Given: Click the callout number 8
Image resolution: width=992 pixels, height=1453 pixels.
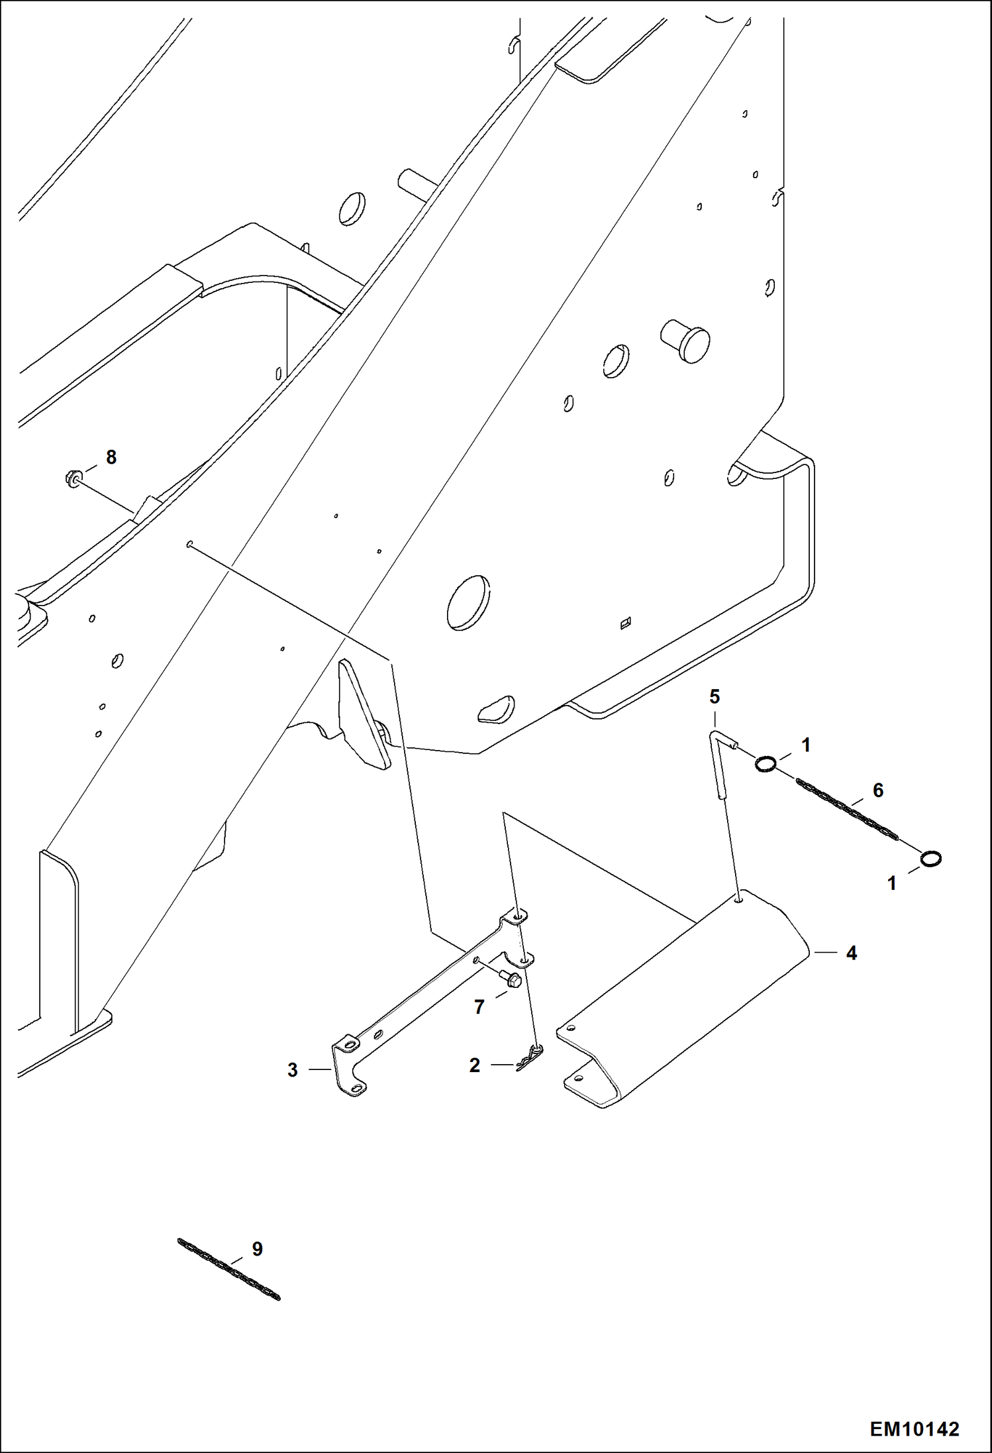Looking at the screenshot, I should pyautogui.click(x=111, y=457).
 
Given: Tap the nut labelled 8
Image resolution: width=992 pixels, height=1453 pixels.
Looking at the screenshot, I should pyautogui.click(x=74, y=477).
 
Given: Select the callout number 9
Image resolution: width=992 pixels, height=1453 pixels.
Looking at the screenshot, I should pyautogui.click(x=257, y=1249).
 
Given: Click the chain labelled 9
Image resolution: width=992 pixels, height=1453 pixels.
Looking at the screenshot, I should pyautogui.click(x=228, y=1269).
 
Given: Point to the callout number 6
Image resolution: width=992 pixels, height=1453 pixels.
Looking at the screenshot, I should pyautogui.click(x=878, y=790).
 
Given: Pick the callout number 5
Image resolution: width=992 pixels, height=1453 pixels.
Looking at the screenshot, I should pyautogui.click(x=715, y=696).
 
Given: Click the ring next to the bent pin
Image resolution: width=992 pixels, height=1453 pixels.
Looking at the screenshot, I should pyautogui.click(x=765, y=765).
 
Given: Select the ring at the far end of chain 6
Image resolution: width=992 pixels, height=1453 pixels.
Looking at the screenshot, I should pyautogui.click(x=930, y=859).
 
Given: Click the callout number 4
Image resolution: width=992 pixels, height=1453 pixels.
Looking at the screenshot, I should pyautogui.click(x=852, y=953).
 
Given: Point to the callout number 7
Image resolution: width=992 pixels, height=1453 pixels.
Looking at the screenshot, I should pyautogui.click(x=479, y=1007).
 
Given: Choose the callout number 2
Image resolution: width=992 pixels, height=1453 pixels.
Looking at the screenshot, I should pyautogui.click(x=474, y=1065).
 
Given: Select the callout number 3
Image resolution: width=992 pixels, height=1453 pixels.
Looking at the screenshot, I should pyautogui.click(x=293, y=1070).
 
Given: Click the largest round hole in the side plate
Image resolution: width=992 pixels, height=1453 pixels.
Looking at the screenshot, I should pyautogui.click(x=468, y=602).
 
